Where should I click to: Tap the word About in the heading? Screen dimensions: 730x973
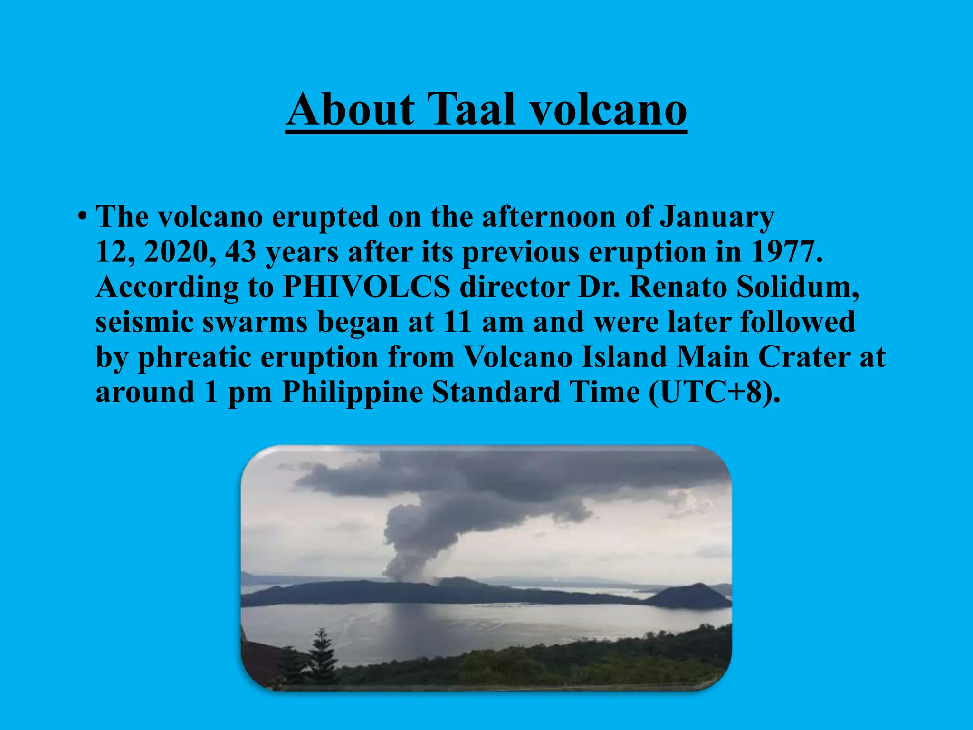click(351, 110)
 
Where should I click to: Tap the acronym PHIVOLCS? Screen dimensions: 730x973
click(366, 288)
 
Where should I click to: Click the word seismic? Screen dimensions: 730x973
click(144, 322)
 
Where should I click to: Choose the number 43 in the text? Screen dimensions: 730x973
click(240, 252)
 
